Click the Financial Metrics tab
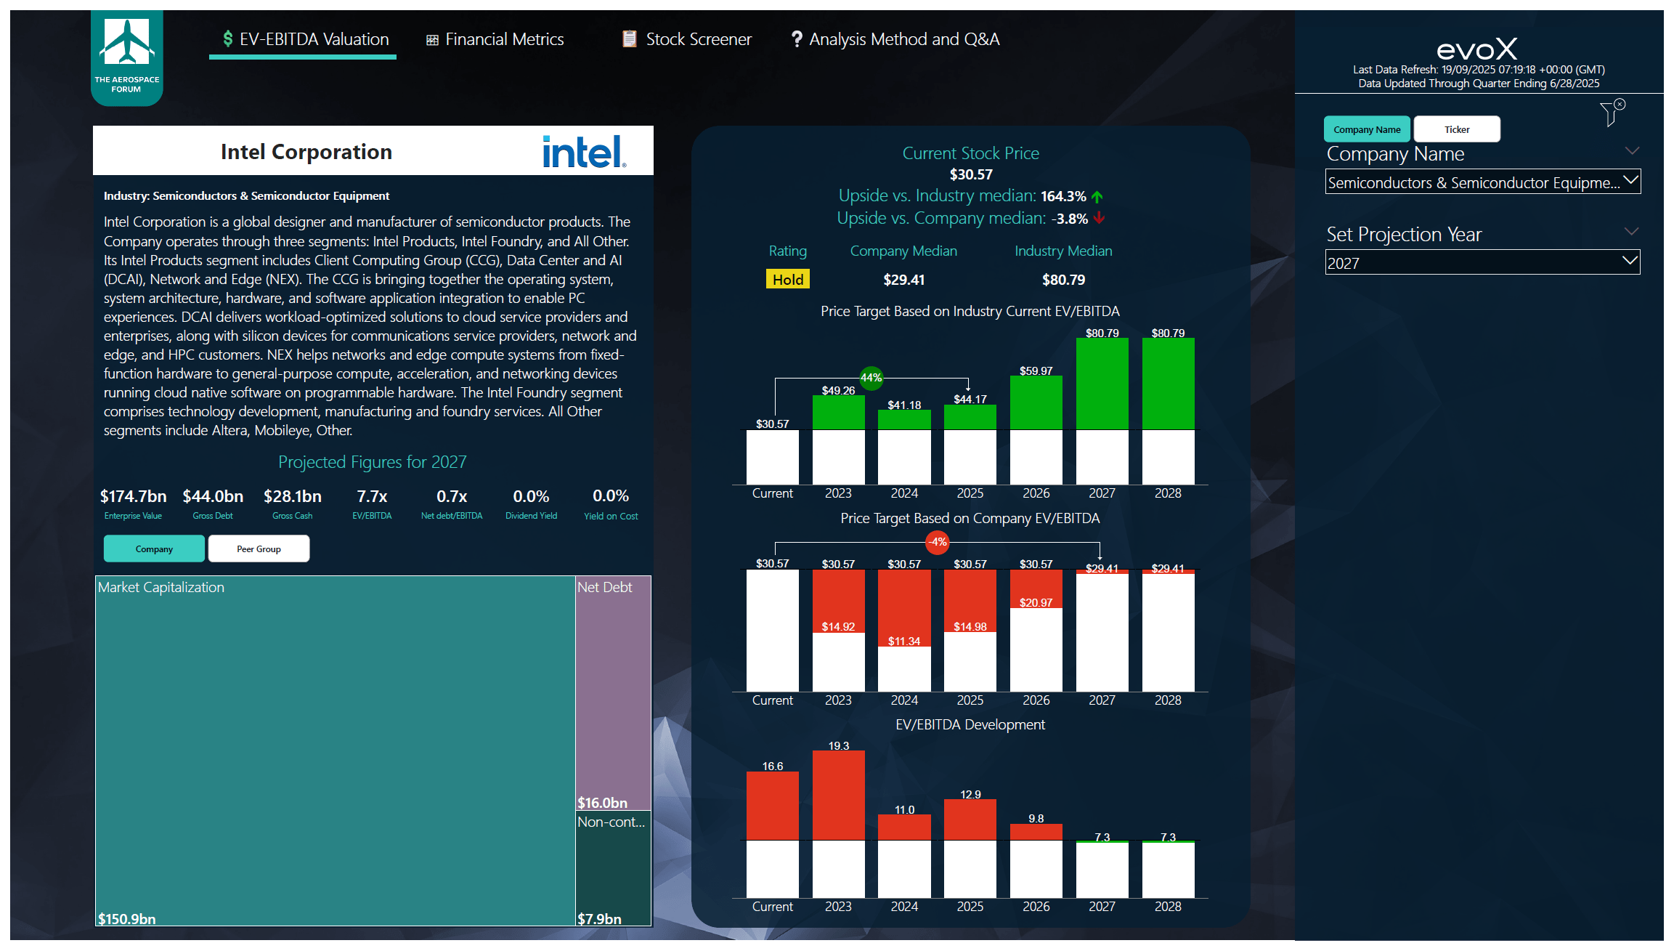pos(495,39)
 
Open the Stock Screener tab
pos(687,39)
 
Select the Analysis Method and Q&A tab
pos(895,39)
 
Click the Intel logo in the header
pos(583,152)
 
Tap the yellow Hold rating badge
pos(787,280)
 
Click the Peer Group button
pos(259,549)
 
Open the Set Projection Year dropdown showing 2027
pos(1482,263)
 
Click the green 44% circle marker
pos(871,378)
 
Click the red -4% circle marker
pos(938,542)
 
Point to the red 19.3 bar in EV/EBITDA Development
pos(838,795)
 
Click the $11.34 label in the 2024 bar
pos(903,642)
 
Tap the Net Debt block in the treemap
pos(612,690)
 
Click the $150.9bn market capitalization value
pos(127,919)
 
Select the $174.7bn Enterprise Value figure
pos(133,497)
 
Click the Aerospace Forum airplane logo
pos(127,44)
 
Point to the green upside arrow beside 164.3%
pos(1097,197)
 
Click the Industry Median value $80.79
pos(1063,280)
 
